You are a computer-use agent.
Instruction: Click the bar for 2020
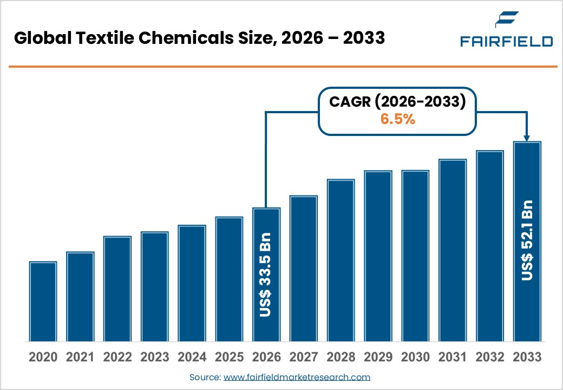[43, 301]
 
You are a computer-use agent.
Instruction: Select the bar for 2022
[117, 289]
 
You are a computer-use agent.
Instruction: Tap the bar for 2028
[341, 260]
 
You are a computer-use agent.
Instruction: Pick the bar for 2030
[415, 256]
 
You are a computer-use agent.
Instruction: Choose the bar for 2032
[489, 246]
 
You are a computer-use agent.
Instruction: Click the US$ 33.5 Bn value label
[266, 275]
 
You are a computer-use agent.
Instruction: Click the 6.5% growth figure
[397, 120]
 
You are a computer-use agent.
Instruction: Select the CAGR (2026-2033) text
[397, 102]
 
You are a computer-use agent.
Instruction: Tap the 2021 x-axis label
[80, 357]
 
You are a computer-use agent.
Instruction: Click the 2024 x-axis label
[192, 357]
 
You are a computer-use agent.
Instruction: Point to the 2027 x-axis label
[303, 357]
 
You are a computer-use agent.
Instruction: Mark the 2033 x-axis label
[527, 357]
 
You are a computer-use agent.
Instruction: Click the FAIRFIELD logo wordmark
[506, 42]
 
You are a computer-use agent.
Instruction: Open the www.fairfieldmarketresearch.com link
[297, 377]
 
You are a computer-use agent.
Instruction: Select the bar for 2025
[229, 279]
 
